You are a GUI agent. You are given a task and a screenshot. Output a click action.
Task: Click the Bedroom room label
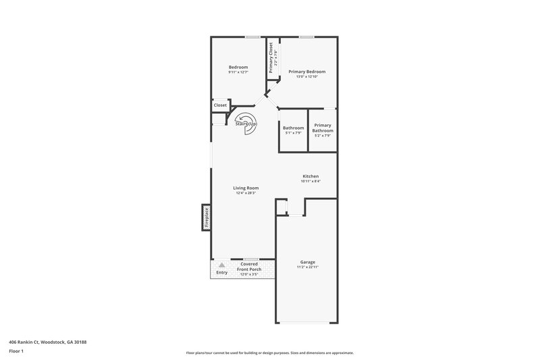pos(238,67)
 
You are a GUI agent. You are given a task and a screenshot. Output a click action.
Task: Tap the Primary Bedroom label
pos(307,72)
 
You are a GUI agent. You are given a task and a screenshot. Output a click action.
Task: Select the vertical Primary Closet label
pos(271,57)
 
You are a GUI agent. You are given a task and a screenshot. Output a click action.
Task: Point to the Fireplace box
pos(206,217)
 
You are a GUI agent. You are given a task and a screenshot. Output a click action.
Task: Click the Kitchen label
pos(310,176)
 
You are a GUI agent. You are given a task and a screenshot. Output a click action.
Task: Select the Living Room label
pos(246,188)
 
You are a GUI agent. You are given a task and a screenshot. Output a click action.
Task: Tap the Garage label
pos(307,262)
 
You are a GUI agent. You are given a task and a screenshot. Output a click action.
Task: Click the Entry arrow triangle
pos(221,265)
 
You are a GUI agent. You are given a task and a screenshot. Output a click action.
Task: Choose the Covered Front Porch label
pos(249,267)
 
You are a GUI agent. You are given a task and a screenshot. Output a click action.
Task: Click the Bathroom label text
pos(293,128)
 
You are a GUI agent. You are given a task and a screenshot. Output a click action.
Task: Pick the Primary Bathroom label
pos(323,128)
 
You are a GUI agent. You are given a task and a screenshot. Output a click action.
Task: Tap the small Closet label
pos(220,105)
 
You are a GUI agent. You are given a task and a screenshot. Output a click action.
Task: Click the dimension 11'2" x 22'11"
pos(307,267)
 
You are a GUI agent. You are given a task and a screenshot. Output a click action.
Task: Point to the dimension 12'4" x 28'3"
pos(246,193)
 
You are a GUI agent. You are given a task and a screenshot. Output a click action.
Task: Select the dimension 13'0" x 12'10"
pos(307,77)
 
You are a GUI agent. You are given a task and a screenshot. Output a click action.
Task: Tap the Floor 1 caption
pos(17,351)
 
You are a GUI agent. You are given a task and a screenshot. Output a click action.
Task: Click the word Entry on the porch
pos(221,272)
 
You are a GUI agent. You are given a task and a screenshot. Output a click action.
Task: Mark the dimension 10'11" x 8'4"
pos(310,182)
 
